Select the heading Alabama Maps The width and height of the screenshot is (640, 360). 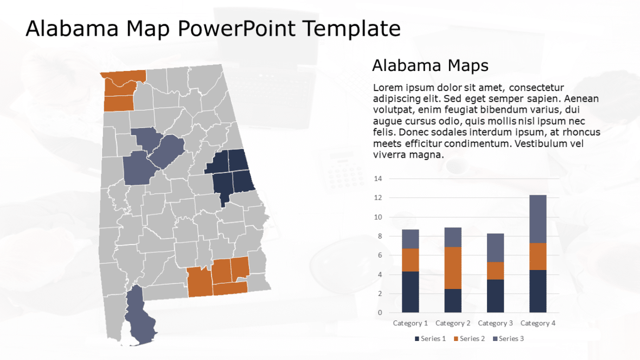[x=430, y=66]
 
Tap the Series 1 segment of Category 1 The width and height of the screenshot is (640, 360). [x=410, y=292]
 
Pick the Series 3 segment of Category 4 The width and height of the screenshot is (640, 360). [x=537, y=218]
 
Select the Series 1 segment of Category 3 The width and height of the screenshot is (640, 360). [x=495, y=295]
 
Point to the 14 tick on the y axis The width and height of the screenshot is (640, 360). [x=378, y=179]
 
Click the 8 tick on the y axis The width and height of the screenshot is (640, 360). [x=380, y=236]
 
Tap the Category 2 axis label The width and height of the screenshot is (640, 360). [x=453, y=323]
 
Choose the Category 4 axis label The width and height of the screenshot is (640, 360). [x=538, y=323]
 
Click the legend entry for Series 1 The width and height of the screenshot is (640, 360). [x=430, y=339]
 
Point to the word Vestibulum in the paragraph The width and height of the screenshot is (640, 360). [x=539, y=144]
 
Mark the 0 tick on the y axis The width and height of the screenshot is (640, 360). [x=380, y=313]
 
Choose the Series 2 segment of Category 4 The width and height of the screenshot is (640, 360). [x=537, y=256]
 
